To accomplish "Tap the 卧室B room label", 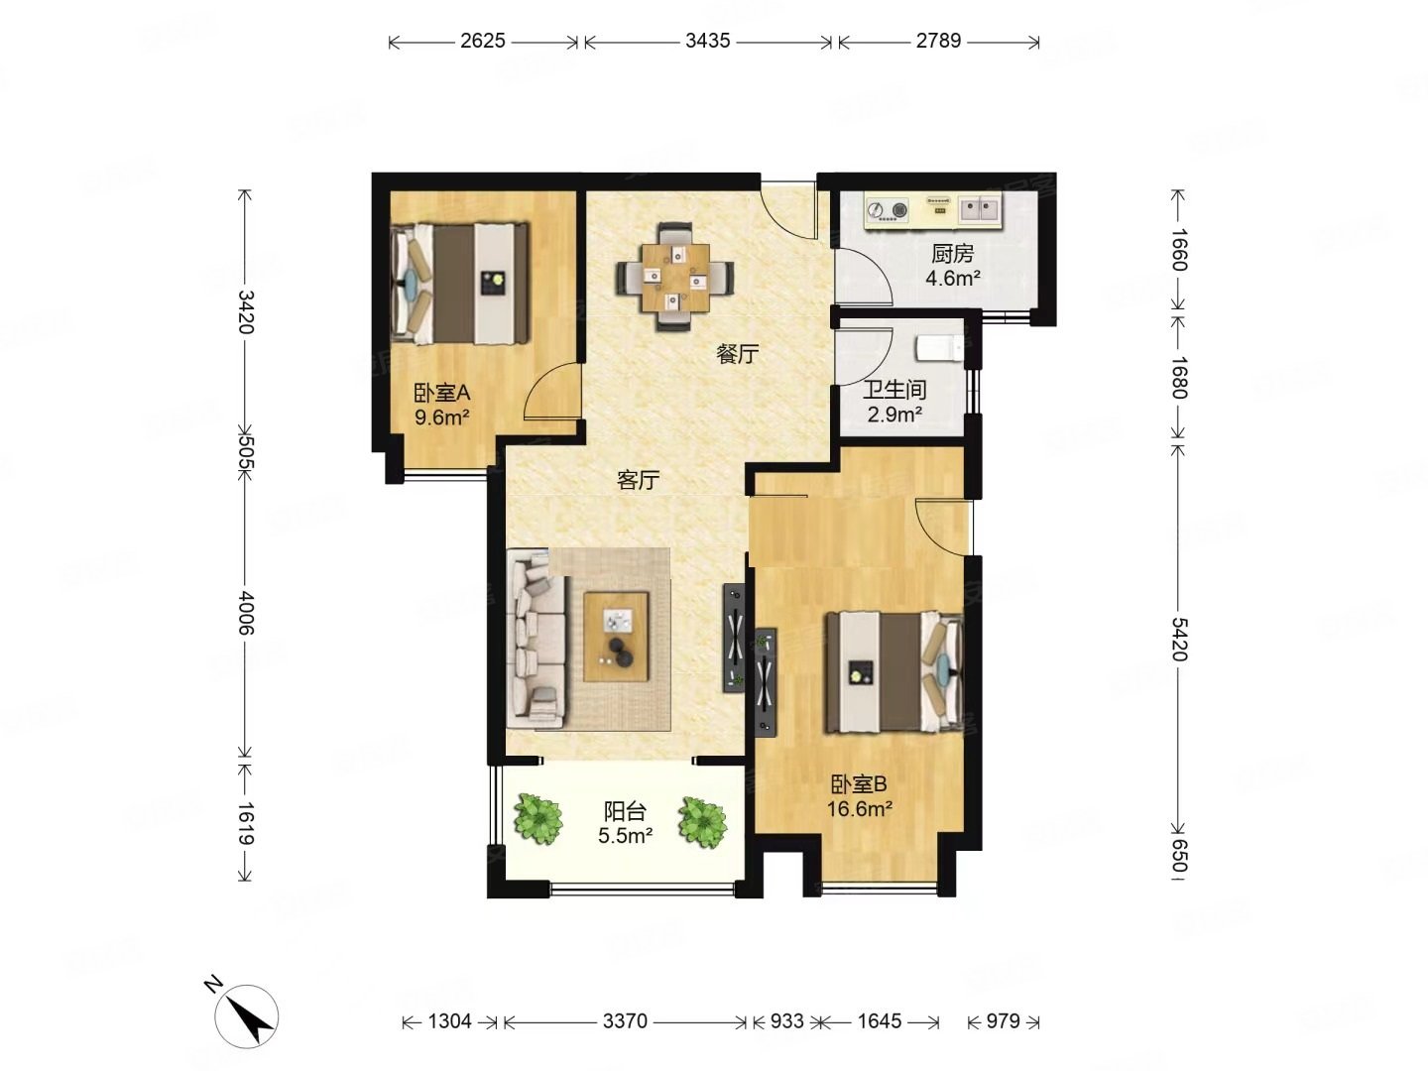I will [x=859, y=784].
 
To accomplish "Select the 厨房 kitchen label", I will [x=952, y=254].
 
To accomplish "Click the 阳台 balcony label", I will [x=625, y=812].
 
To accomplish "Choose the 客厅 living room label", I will [x=638, y=481].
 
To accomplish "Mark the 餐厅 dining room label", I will [x=738, y=354].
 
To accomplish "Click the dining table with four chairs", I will [x=674, y=277].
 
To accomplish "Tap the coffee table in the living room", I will [x=616, y=636].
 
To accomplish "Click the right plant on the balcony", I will [x=703, y=822].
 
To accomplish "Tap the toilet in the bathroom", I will [x=937, y=348].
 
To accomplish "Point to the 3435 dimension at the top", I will [x=707, y=41].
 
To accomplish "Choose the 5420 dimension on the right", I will [x=1178, y=638].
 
